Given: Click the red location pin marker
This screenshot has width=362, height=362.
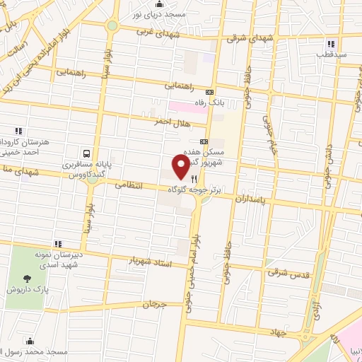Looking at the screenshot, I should coord(180,168).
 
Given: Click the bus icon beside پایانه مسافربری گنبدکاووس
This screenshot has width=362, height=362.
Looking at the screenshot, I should coord(86,153).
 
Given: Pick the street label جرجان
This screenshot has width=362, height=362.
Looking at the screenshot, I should coord(153,305).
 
